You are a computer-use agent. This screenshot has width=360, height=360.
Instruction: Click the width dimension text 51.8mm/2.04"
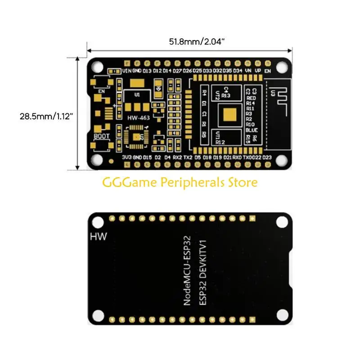point(197,41)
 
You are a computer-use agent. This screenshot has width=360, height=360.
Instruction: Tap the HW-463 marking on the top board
point(138,118)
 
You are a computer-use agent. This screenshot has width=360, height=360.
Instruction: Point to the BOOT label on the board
point(102,135)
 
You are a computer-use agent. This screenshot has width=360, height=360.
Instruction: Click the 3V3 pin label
point(127,157)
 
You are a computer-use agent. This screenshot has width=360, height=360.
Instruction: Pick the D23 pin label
point(267,157)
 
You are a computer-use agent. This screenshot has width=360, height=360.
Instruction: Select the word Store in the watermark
point(243,183)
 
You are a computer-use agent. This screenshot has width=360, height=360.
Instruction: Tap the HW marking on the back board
point(99,236)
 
